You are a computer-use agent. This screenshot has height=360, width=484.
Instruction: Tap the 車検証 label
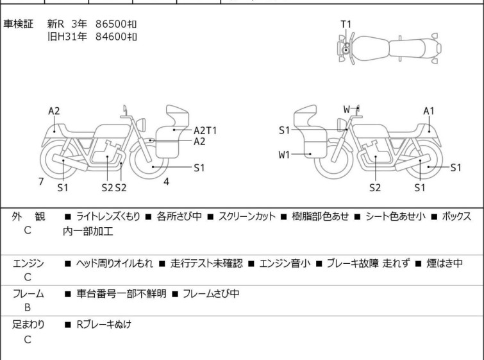pyautogui.click(x=18, y=24)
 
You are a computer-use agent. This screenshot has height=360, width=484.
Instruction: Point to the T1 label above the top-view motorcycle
pyautogui.click(x=346, y=24)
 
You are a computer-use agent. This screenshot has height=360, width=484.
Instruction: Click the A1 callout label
pyautogui.click(x=429, y=111)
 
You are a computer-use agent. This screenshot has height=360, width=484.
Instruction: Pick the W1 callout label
pyautogui.click(x=284, y=155)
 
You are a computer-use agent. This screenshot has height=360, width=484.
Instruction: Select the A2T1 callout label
pyautogui.click(x=205, y=131)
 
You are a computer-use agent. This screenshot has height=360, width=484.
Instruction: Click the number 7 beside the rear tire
pyautogui.click(x=41, y=182)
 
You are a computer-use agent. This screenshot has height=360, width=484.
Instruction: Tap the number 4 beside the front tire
pyautogui.click(x=167, y=182)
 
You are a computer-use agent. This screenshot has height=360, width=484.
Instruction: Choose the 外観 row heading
pyautogui.click(x=28, y=217)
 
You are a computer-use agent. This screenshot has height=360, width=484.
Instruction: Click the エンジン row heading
pyautogui.click(x=28, y=263)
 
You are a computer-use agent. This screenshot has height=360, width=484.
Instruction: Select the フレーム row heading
pyautogui.click(x=28, y=293)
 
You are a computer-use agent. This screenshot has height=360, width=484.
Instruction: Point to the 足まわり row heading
pyautogui.click(x=28, y=325)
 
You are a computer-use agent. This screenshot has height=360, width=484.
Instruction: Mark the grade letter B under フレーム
pyautogui.click(x=28, y=308)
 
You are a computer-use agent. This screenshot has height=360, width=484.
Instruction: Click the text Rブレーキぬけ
pyautogui.click(x=104, y=325)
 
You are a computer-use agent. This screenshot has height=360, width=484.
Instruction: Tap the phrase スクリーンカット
pyautogui.click(x=247, y=217)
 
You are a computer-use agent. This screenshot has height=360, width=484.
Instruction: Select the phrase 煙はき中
pyautogui.click(x=444, y=263)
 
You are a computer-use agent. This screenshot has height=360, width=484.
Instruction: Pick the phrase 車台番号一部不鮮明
pyautogui.click(x=121, y=293)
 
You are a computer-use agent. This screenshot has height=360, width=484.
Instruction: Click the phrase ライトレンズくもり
pyautogui.click(x=108, y=217)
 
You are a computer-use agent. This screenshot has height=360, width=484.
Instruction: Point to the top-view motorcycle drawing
pyautogui.click(x=389, y=49)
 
